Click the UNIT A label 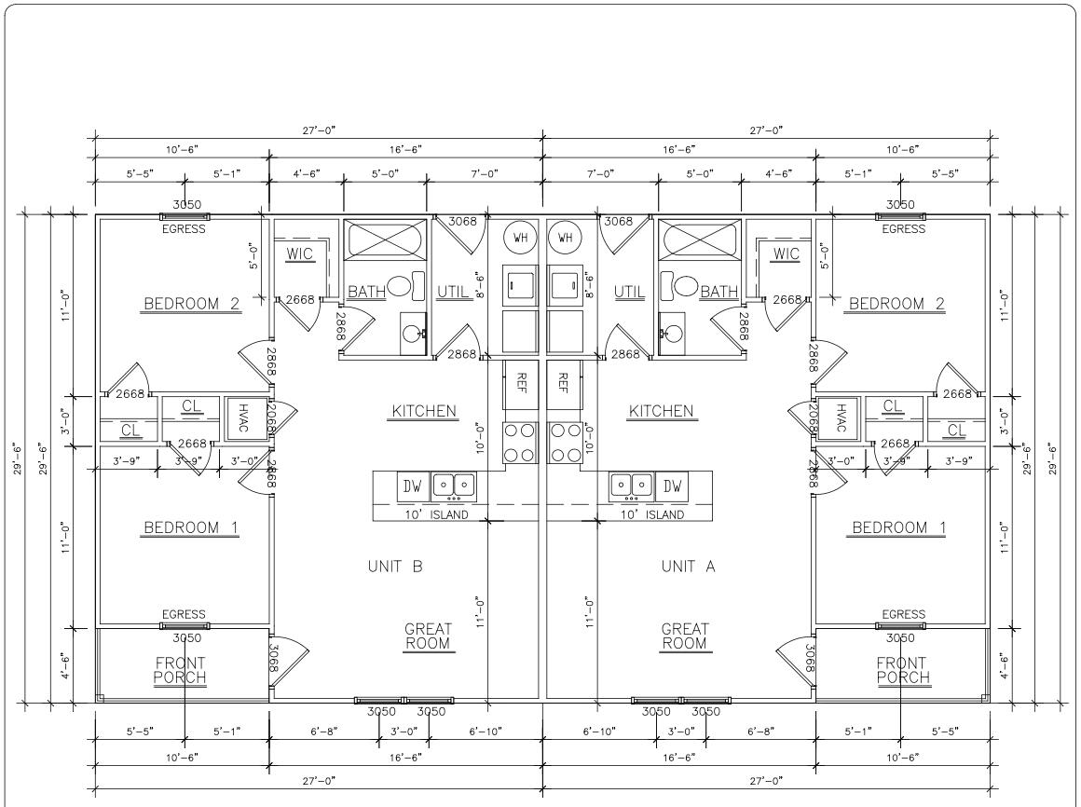click(x=688, y=566)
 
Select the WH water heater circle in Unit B click(x=519, y=237)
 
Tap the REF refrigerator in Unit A click(x=563, y=382)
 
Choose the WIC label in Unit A click(x=787, y=253)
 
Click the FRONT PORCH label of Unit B click(x=180, y=670)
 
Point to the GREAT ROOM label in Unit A click(x=685, y=636)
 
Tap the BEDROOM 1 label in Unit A click(x=899, y=528)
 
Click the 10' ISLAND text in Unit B click(x=436, y=514)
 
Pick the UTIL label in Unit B click(x=453, y=292)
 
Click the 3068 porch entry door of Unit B click(x=283, y=660)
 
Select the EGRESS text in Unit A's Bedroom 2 click(x=902, y=229)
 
